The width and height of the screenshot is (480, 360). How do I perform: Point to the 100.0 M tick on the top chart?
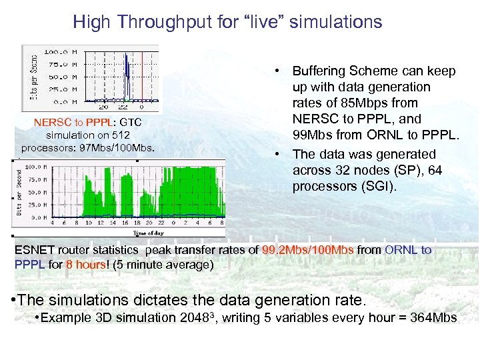[x=61, y=51]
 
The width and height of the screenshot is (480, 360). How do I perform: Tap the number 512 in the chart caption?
[x=121, y=135]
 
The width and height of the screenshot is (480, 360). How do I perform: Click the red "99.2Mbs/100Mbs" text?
[x=308, y=250]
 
